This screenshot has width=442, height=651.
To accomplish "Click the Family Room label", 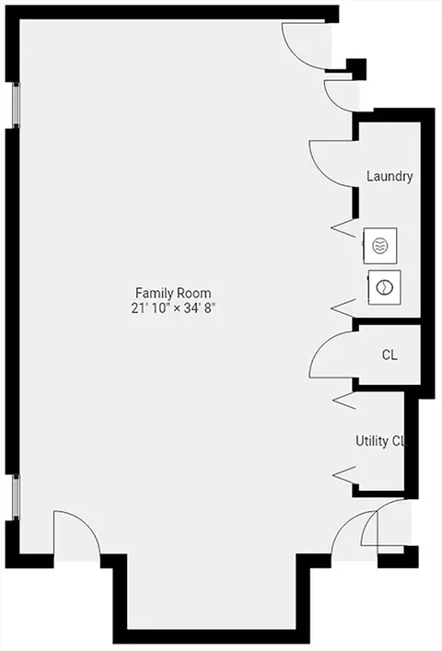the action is pyautogui.click(x=173, y=293).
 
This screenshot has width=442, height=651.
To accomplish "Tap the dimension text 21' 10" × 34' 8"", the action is pyautogui.click(x=173, y=308).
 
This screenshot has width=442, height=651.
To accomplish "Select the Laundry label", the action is pyautogui.click(x=390, y=177).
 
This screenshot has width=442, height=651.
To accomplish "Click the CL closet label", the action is pyautogui.click(x=390, y=355).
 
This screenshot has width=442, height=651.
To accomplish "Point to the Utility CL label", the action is pyautogui.click(x=379, y=441).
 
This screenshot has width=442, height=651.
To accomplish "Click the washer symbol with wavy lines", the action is pyautogui.click(x=379, y=245).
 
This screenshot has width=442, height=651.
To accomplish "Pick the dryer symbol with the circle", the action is pyautogui.click(x=384, y=287).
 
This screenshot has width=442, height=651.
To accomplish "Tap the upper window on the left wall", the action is pyautogui.click(x=16, y=104).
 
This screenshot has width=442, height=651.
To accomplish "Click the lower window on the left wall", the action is pyautogui.click(x=16, y=496).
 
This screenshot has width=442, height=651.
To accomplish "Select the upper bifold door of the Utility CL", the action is pyautogui.click(x=344, y=401).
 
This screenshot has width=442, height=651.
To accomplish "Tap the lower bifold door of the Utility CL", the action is pyautogui.click(x=344, y=475).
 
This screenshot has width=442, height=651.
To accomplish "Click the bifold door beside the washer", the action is pyautogui.click(x=343, y=228).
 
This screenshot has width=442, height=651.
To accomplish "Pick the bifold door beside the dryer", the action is pyautogui.click(x=343, y=308).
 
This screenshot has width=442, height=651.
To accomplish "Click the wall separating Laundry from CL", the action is pyautogui.click(x=387, y=321).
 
